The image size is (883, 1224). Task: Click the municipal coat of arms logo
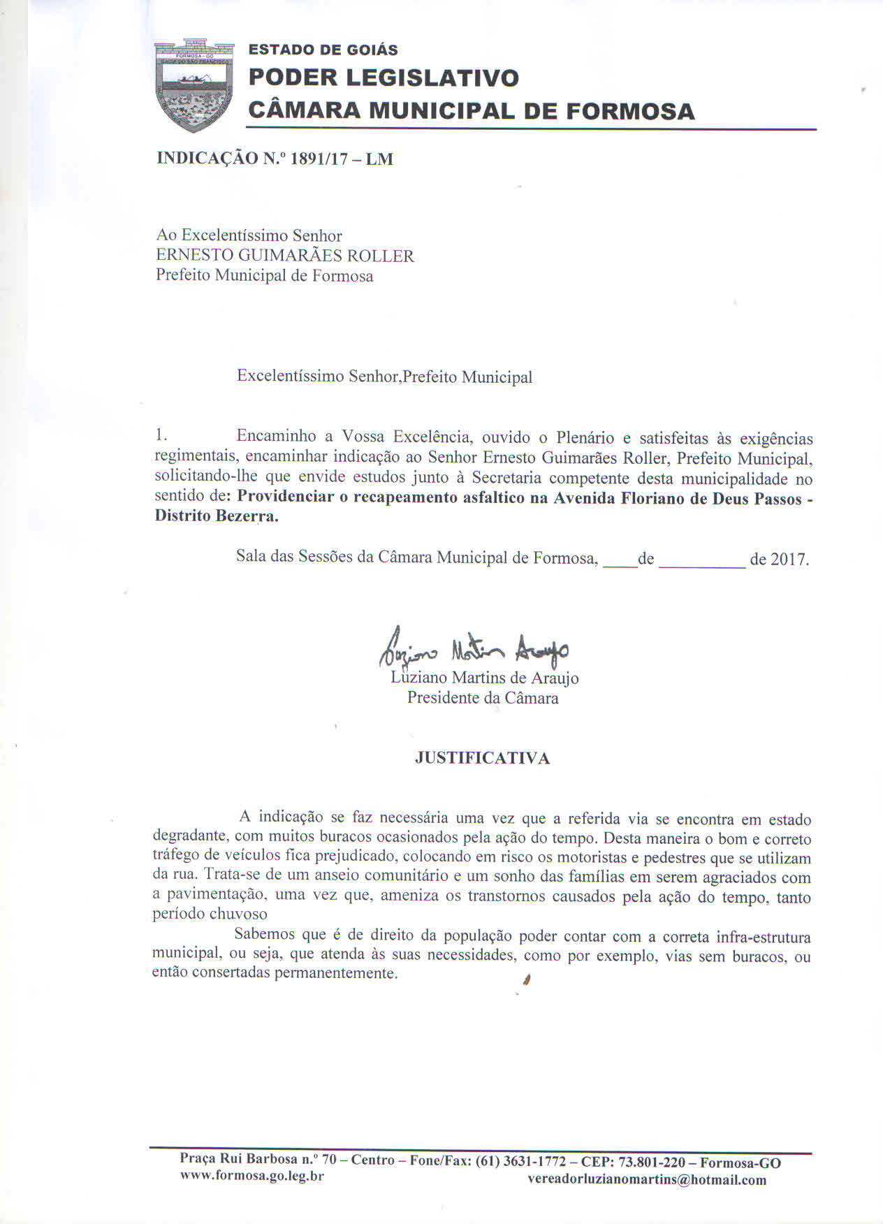[x=194, y=85]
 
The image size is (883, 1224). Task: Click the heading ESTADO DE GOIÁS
[x=323, y=50]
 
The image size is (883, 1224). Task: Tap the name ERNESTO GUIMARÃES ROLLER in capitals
[x=285, y=256]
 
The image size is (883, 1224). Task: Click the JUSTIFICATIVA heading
[x=482, y=758]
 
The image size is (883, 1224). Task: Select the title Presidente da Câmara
[x=483, y=698]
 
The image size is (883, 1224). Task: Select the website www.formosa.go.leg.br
[x=252, y=1176]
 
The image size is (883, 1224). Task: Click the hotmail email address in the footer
[x=647, y=1180]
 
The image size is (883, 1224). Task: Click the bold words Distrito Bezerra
[x=216, y=518]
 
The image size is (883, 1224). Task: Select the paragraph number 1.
[x=161, y=435]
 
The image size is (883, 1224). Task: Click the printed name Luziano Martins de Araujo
[x=485, y=678]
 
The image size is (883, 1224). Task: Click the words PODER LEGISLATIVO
[x=384, y=78]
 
